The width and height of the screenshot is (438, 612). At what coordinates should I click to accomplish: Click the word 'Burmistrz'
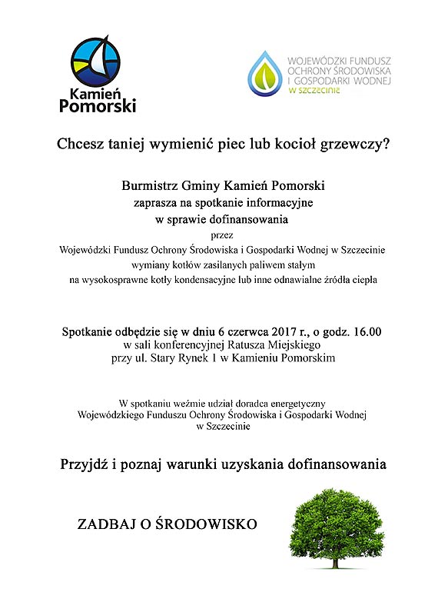coord(148,186)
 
